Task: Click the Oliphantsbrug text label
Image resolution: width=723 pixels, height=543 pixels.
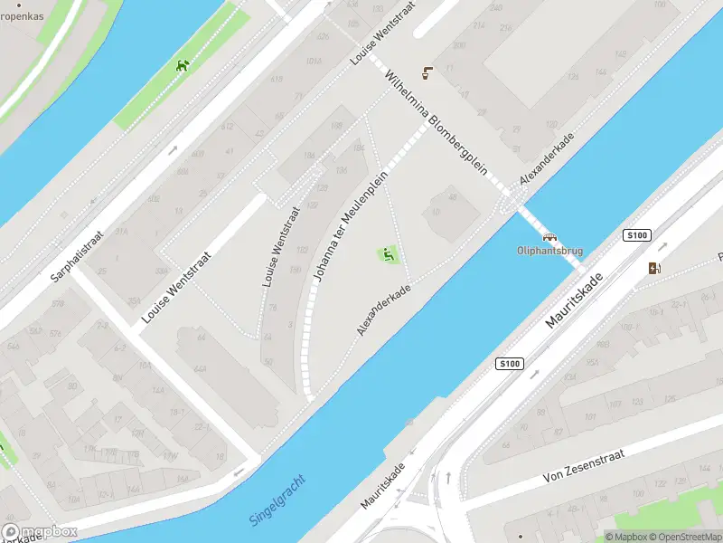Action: (549, 250)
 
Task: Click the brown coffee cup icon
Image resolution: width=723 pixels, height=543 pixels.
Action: (427, 74)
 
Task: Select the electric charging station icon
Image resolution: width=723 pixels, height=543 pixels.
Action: (654, 267)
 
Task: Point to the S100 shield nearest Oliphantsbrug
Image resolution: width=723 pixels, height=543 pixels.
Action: (637, 235)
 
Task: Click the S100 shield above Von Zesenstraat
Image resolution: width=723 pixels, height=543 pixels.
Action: (510, 364)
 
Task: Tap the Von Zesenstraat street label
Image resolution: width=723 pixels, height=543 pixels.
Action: (586, 463)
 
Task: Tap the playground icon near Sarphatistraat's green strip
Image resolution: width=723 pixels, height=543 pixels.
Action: (183, 65)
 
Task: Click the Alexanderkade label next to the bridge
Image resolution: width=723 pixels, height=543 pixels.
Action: (548, 159)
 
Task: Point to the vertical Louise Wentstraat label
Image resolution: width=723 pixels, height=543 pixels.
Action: (281, 247)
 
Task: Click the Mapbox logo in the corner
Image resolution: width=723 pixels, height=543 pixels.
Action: (39, 532)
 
